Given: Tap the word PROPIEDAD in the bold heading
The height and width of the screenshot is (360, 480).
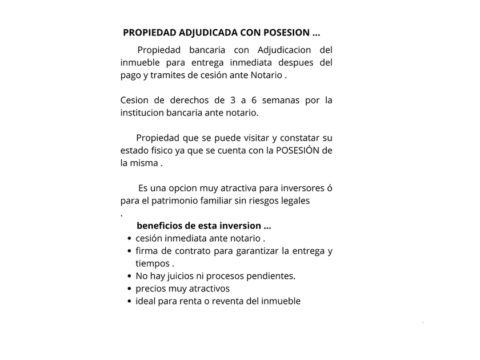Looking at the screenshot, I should point(150,33).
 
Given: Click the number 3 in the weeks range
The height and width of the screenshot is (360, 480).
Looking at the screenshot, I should point(231,101).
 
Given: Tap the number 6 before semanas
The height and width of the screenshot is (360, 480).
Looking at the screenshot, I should point(254,101).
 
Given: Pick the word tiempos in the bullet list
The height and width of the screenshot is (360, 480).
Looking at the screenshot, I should point(153,263).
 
